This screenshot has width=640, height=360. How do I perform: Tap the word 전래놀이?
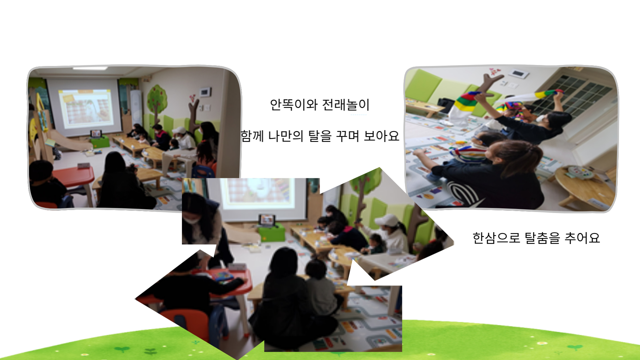346,105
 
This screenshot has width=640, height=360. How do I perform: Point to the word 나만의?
286,136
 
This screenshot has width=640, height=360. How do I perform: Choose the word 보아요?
381,136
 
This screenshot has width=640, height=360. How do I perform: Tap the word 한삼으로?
496,238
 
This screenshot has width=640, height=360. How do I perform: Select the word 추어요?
582,238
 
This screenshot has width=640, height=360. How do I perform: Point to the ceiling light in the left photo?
90,68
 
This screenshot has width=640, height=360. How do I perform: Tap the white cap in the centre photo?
387,220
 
